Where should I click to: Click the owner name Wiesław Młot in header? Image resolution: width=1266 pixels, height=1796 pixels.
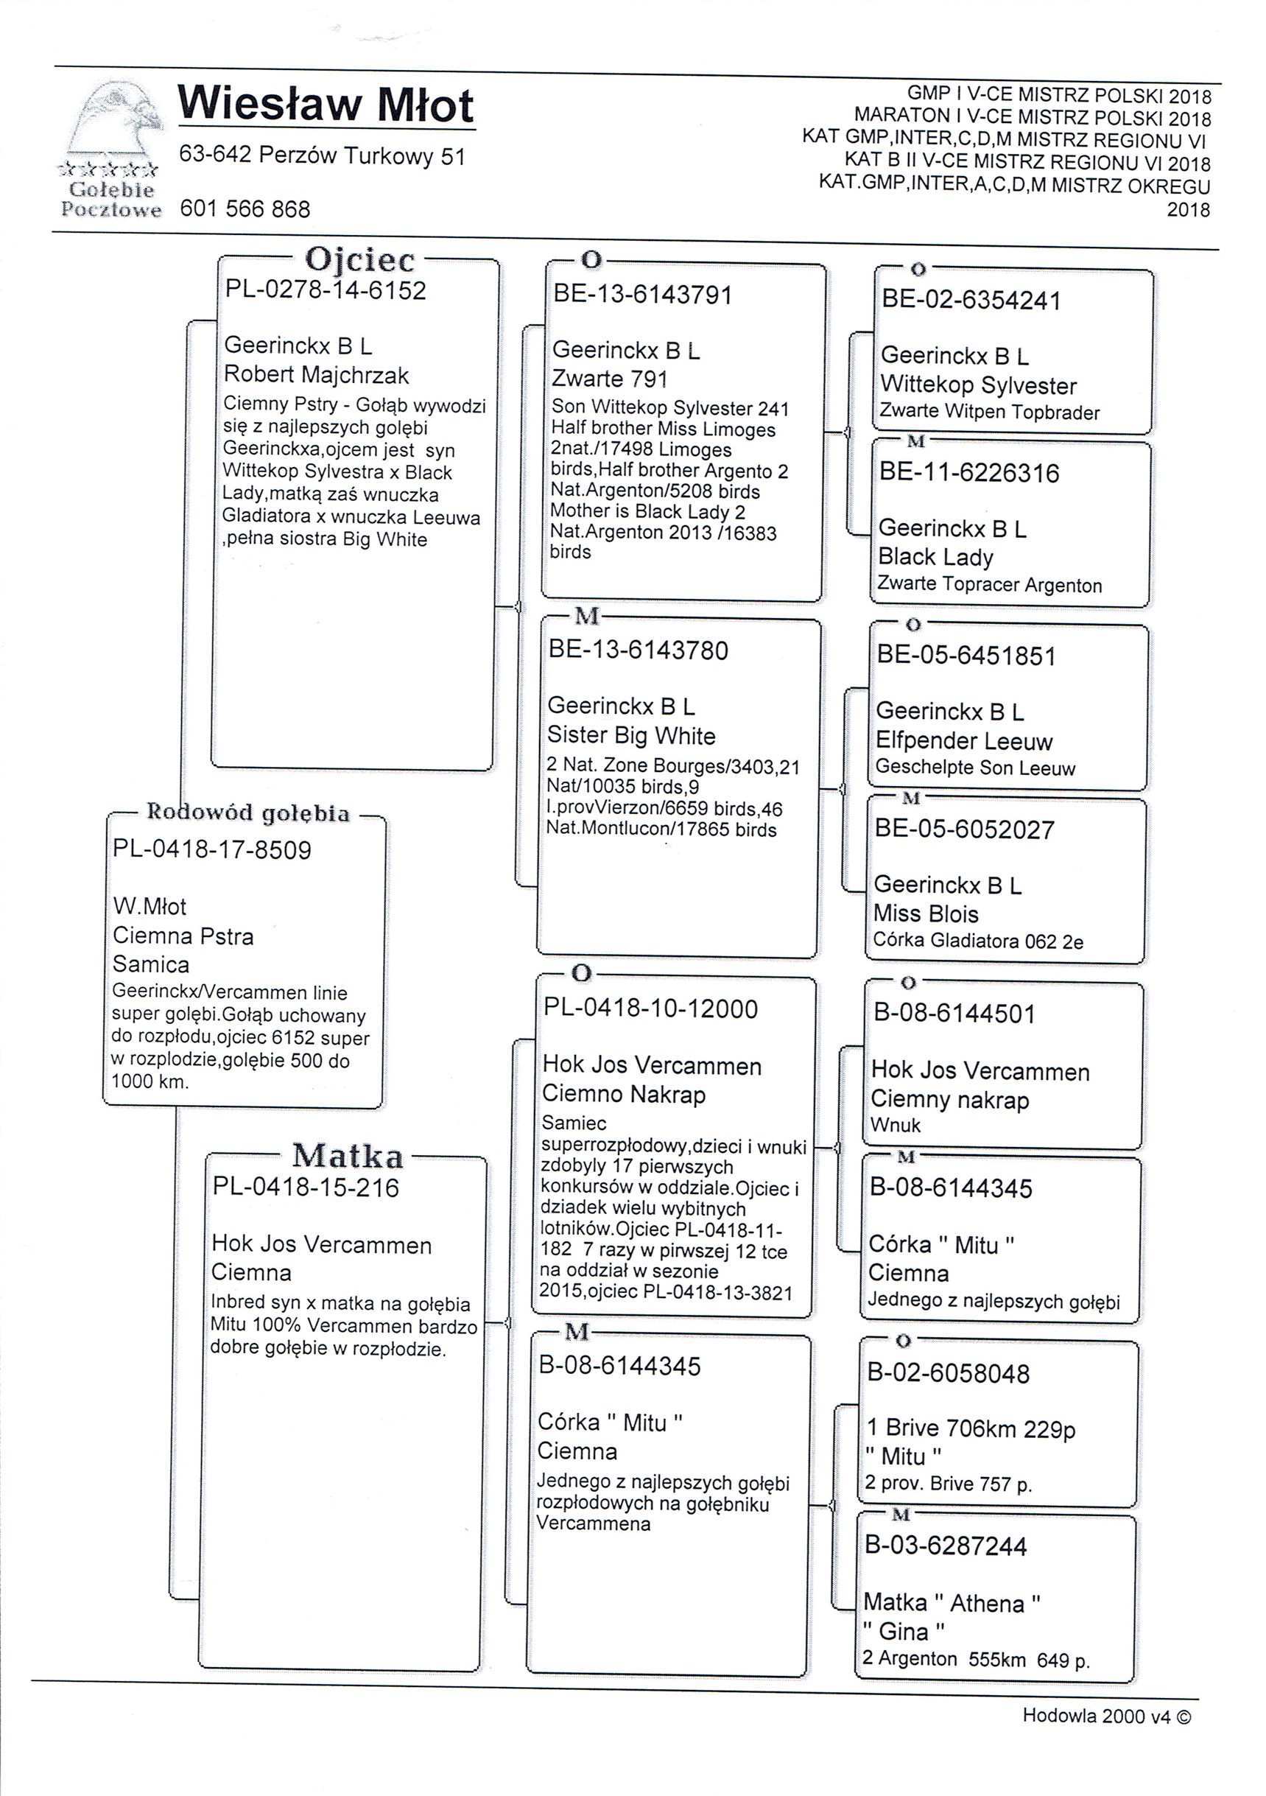[326, 105]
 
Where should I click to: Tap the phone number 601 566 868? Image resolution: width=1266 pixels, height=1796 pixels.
[245, 209]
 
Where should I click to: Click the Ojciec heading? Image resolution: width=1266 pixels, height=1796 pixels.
[359, 259]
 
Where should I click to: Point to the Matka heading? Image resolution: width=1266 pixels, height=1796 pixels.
[348, 1155]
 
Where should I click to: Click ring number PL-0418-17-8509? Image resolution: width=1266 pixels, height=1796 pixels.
[212, 849]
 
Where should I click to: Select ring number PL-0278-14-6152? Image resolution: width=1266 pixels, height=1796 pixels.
[326, 290]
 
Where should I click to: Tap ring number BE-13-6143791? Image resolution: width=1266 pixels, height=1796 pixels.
[642, 295]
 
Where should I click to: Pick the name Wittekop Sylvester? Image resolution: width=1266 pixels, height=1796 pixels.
[978, 385]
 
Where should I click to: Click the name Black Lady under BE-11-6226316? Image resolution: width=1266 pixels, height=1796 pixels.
[935, 557]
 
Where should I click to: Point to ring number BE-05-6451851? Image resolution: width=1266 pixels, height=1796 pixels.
[966, 656]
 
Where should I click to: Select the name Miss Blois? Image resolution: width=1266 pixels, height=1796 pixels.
[926, 913]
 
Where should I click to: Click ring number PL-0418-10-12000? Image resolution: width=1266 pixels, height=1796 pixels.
[650, 1009]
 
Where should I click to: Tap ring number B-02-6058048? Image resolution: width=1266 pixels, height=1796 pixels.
[949, 1373]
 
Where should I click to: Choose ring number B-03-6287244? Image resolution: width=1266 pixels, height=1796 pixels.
[946, 1546]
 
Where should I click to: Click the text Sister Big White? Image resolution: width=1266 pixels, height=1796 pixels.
[631, 735]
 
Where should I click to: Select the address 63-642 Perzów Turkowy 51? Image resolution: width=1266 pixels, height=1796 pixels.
[322, 155]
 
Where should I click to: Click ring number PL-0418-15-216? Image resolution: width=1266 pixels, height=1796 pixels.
[306, 1188]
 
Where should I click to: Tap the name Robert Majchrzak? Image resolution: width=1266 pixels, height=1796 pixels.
[316, 375]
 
